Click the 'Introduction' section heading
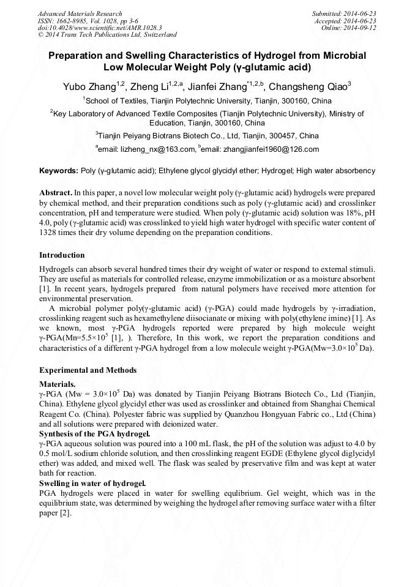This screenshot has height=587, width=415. [62, 255]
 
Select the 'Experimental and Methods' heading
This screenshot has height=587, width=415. [88, 370]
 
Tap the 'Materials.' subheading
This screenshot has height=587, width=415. [57, 384]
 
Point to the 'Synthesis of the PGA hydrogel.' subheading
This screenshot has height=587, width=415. [90, 434]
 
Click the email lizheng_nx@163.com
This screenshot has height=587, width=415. [155, 149]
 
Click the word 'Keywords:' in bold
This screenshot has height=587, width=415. [59, 171]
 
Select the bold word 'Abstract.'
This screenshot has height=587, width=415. [56, 192]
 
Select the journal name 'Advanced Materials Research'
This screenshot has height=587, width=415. [80, 13]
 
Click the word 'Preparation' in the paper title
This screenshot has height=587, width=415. [77, 56]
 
